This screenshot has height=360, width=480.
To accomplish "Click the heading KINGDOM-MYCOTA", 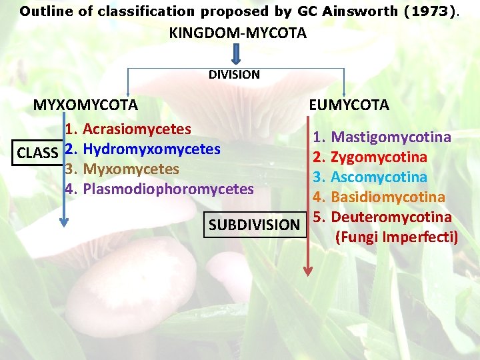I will tap(238, 33).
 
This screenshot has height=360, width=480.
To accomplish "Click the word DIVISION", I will tap(234, 75).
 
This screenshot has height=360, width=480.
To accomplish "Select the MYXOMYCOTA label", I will tap(86, 105).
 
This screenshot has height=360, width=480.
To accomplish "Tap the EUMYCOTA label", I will tap(349, 105).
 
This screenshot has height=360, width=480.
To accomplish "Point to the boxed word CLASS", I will tap(37, 153).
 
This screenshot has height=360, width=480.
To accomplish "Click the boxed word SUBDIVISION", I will tap(254, 225).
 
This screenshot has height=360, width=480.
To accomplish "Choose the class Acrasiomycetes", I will tap(137, 129).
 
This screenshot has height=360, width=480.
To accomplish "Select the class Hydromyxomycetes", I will tap(153, 149).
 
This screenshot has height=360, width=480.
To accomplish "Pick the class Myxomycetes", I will tap(131, 169).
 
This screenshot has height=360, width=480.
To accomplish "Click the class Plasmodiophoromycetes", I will tap(168, 189).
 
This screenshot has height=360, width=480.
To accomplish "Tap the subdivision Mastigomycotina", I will tap(391, 137).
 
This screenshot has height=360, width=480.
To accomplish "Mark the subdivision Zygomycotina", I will tap(379, 157).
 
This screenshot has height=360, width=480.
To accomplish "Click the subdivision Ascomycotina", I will tap(379, 177).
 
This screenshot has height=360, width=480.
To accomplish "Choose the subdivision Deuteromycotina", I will tap(391, 217).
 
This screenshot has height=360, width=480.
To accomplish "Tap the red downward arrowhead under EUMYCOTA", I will tap(308, 271).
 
